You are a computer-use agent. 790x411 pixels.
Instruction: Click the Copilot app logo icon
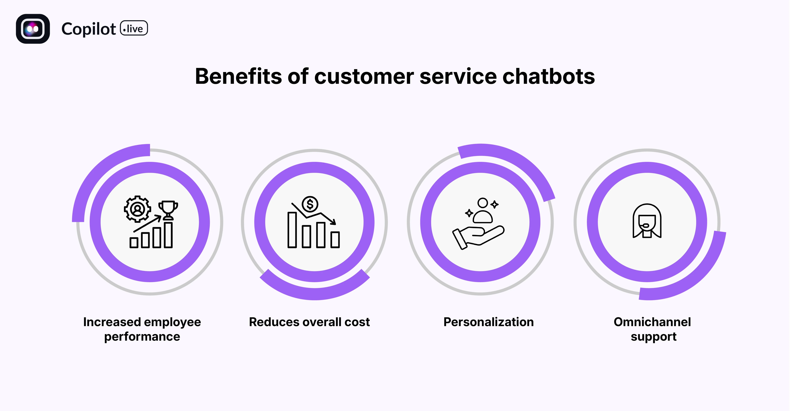[33, 29]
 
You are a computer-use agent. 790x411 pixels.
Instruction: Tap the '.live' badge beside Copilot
[134, 28]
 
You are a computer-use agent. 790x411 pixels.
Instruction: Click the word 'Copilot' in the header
[88, 29]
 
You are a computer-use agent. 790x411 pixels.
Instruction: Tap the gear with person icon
[137, 209]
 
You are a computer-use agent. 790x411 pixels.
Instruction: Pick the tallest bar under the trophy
[168, 235]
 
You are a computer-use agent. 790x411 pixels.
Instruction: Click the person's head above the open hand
[483, 203]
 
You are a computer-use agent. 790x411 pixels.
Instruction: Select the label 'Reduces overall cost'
[309, 322]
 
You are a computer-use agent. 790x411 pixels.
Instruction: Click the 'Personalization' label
[489, 322]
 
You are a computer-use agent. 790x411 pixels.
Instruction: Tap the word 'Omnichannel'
[652, 322]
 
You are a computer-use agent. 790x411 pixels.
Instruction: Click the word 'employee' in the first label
[173, 322]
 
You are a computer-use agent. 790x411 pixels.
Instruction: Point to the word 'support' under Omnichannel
[653, 337]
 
